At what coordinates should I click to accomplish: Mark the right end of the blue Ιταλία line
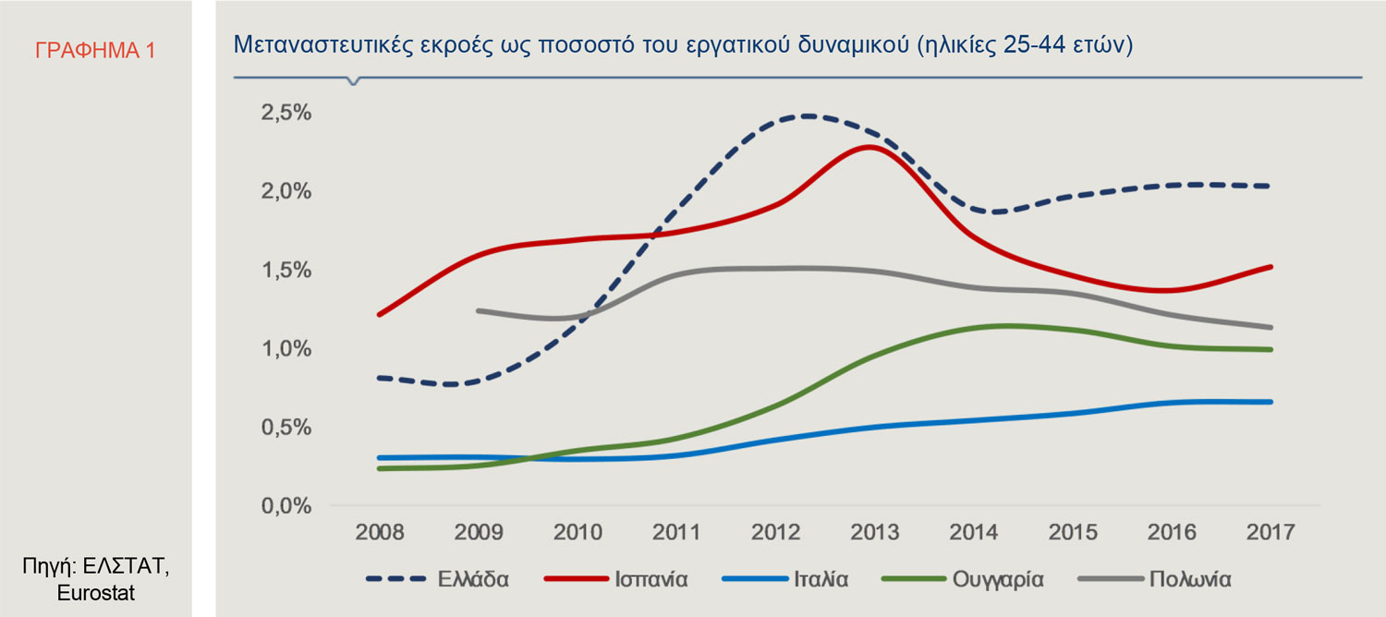[x=1271, y=402]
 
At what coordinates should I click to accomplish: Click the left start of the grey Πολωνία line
[x=479, y=311]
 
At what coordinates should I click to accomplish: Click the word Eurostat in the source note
[x=96, y=593]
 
